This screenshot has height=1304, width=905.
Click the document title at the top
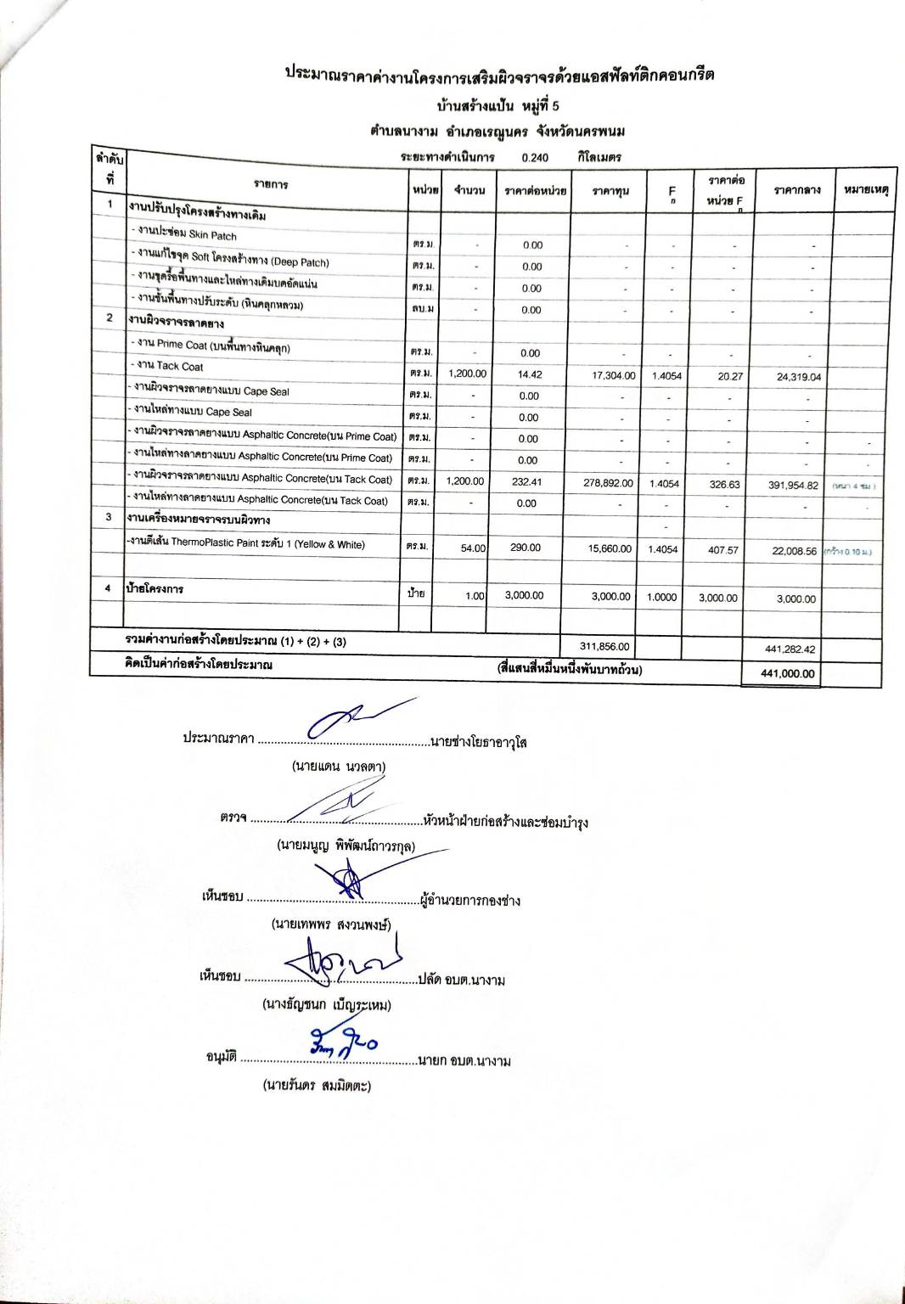499,75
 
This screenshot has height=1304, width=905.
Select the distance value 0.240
535,158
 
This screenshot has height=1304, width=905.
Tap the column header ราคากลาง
796,190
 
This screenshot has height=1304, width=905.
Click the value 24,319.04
799,377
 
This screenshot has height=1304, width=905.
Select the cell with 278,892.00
609,482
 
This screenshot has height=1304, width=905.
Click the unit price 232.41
526,481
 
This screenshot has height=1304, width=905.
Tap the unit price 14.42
530,374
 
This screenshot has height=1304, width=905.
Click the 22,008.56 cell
794,551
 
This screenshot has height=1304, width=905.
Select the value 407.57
723,550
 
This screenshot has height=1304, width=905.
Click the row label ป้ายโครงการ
155,588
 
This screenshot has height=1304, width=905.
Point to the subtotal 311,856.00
604,647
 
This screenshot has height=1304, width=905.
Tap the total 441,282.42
790,649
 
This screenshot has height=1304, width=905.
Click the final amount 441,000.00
789,674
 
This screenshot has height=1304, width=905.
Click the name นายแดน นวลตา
338,766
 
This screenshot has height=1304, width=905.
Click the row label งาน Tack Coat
170,367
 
